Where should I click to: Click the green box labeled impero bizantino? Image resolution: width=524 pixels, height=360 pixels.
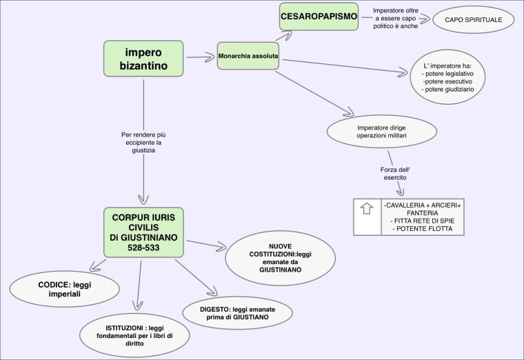[143, 59]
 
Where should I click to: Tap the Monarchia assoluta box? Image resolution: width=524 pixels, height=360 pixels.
[250, 54]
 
